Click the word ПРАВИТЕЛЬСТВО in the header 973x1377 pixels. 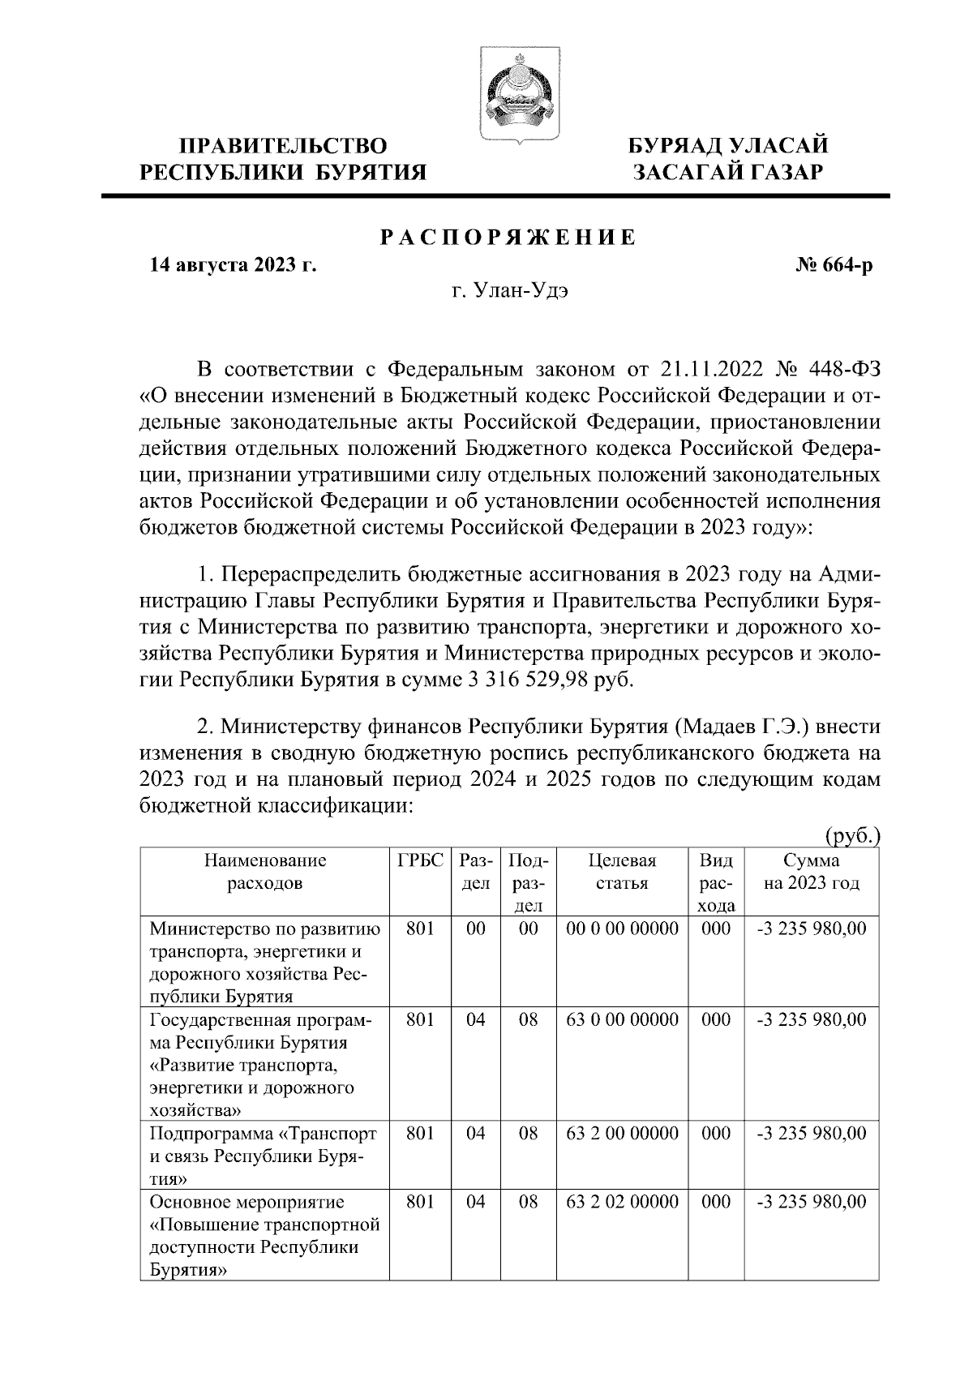click(x=283, y=146)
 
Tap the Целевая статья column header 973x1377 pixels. click(x=622, y=872)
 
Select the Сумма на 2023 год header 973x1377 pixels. click(x=811, y=872)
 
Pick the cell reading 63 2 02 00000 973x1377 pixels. click(x=622, y=1203)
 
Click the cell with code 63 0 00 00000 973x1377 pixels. click(x=622, y=1020)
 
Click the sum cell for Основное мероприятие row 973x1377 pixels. click(x=811, y=1203)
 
